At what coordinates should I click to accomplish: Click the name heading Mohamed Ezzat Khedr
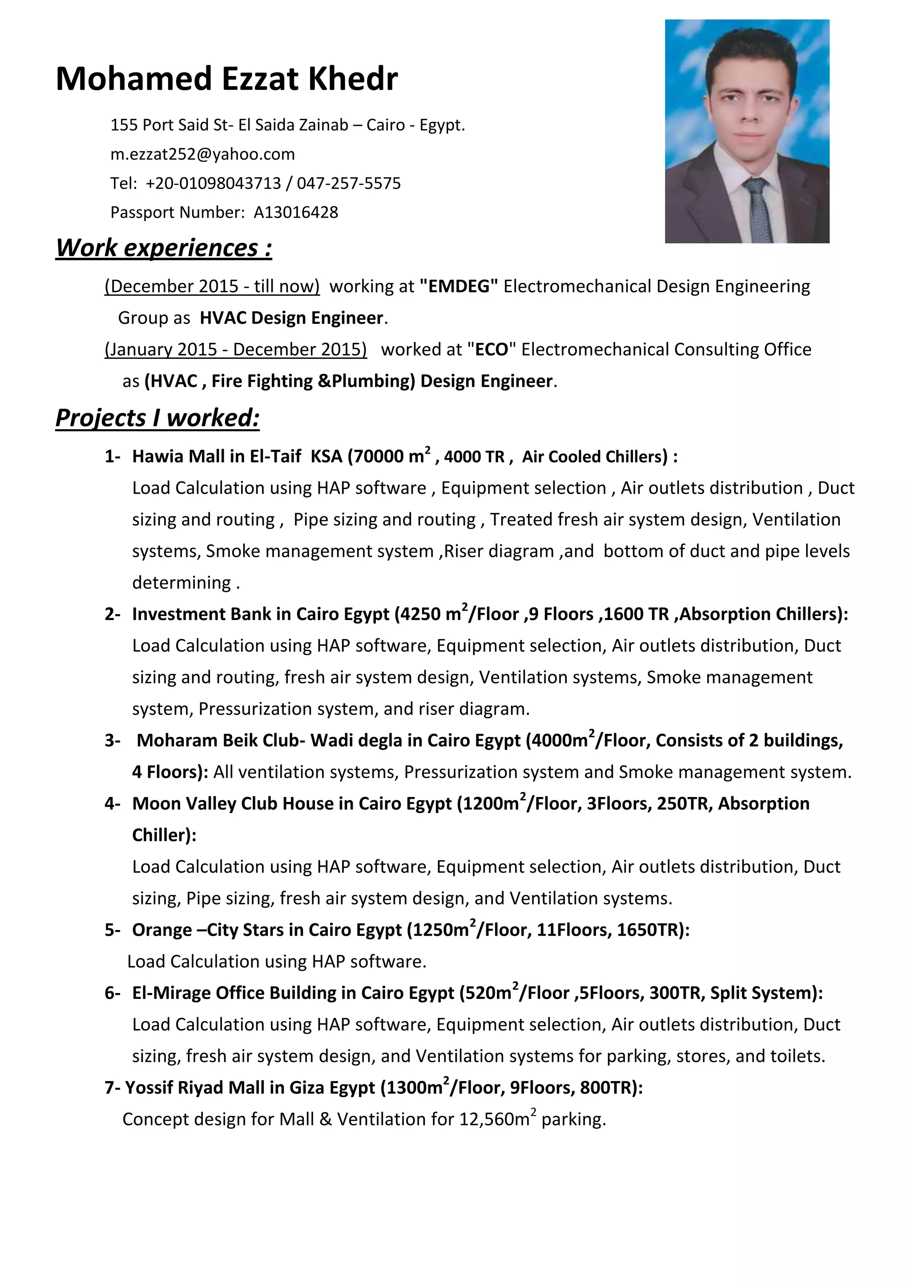[x=226, y=79]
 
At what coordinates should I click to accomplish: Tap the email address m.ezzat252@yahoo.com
[x=202, y=154]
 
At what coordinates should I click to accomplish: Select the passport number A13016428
[x=296, y=213]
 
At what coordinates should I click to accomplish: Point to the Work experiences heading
[x=164, y=248]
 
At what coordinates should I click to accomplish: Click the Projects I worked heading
[x=157, y=418]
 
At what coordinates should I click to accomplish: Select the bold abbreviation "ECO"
[x=492, y=350]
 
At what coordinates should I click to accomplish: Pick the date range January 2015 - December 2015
[x=236, y=350]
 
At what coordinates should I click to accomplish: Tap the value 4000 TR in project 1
[x=475, y=457]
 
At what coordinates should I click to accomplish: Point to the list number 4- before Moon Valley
[x=112, y=804]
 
